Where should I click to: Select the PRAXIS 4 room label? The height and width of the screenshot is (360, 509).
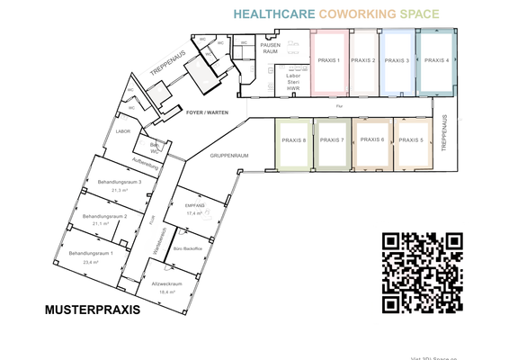435,60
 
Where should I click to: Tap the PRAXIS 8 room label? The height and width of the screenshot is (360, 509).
293,140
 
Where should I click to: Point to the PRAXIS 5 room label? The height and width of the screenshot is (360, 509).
409,140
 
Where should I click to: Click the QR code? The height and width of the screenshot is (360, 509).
422,273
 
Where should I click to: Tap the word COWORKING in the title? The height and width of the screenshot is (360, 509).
355,15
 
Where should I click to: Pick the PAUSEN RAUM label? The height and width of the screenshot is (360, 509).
270,48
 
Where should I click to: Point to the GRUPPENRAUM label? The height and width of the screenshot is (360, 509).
228,156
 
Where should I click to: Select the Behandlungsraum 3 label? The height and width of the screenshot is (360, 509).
119,182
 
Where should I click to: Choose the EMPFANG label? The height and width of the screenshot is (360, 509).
195,206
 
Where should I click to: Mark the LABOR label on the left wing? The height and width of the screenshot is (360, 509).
123,131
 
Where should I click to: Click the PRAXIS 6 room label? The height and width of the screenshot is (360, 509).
371,140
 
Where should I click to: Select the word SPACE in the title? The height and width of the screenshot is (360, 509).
418,15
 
